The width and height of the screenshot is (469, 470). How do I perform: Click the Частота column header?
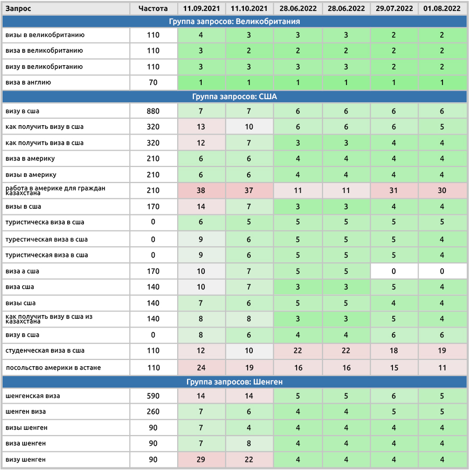tap(153, 8)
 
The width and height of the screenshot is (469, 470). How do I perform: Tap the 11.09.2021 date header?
tap(201, 8)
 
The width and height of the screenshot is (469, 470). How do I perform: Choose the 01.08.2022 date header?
tap(442, 8)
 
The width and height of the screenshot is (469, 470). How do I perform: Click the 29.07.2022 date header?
tap(394, 8)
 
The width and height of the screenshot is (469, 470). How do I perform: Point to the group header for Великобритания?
tap(234, 21)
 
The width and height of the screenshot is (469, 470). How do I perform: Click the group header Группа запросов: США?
tap(234, 97)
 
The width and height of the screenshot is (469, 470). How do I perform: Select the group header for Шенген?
tap(234, 382)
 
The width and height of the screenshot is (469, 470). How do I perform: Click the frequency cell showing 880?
tap(153, 111)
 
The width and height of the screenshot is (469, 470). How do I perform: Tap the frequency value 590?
tap(153, 396)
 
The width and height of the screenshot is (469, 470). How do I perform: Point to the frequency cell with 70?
tap(153, 82)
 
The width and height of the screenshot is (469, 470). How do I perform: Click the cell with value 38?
tap(201, 190)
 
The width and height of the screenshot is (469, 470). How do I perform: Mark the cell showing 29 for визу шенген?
tap(201, 460)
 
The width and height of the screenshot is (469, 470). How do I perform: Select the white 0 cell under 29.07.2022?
tap(394, 271)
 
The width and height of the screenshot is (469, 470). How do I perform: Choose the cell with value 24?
tap(201, 368)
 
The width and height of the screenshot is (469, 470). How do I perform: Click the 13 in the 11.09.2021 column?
tap(201, 127)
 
